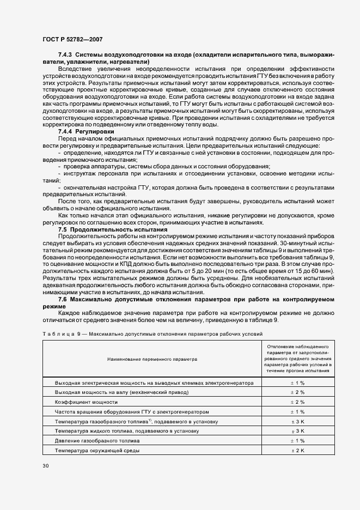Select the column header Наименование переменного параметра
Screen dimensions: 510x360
(x=149, y=360)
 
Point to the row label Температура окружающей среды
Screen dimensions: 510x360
(x=97, y=451)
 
